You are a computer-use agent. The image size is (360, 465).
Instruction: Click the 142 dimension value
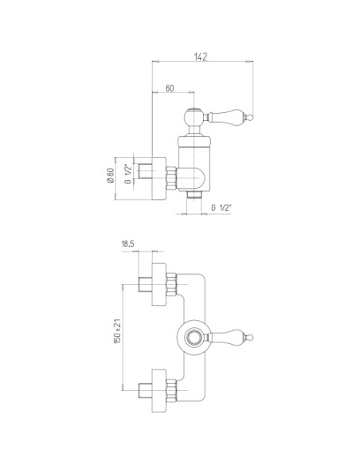click(x=201, y=57)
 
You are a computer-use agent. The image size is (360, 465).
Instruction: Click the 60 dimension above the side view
click(x=170, y=88)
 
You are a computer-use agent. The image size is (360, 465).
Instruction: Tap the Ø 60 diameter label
click(x=111, y=176)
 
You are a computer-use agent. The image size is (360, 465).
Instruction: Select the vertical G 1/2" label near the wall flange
click(x=127, y=174)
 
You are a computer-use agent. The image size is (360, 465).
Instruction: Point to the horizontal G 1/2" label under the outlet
click(x=221, y=208)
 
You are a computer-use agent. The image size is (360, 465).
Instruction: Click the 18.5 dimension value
click(x=127, y=244)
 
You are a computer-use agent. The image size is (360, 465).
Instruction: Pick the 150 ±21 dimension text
click(x=117, y=331)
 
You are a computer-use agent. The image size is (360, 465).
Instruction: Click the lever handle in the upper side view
click(x=227, y=116)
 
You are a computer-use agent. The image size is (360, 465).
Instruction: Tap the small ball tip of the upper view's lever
click(x=251, y=118)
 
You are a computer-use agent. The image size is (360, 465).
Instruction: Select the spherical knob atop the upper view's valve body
click(x=194, y=116)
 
